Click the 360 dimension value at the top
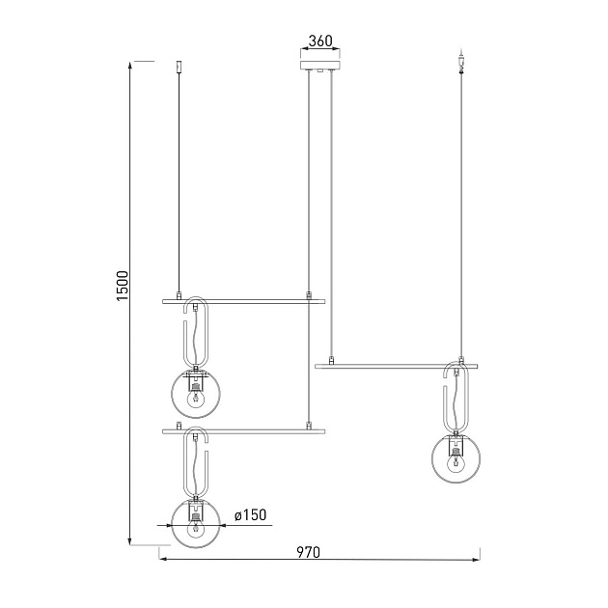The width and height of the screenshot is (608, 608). pyautogui.click(x=319, y=41)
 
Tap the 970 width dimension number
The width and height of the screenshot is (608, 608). pyautogui.click(x=308, y=553)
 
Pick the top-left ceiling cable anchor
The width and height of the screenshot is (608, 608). pyautogui.click(x=179, y=67)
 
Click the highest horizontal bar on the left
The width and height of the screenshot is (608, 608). pyautogui.click(x=242, y=301)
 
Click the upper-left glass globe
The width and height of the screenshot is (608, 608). pyautogui.click(x=197, y=393)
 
